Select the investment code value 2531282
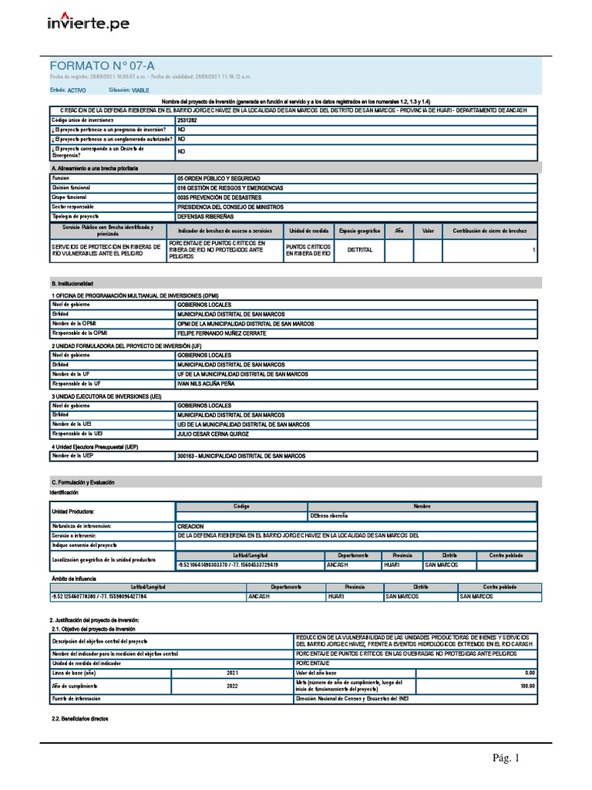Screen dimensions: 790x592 (x=187, y=120)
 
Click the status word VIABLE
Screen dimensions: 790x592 (x=140, y=90)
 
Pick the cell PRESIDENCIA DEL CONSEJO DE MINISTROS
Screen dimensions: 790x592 (x=230, y=207)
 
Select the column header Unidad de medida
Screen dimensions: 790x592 (x=308, y=231)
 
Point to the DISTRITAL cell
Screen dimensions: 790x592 (x=360, y=250)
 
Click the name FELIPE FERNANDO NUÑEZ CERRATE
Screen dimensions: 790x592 (x=221, y=333)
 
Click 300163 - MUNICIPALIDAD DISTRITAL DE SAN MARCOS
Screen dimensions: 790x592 (x=241, y=456)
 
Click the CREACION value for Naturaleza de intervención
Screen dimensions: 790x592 (x=190, y=525)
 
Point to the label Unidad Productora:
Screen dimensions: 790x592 (x=73, y=511)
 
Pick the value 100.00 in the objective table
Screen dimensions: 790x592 (x=527, y=685)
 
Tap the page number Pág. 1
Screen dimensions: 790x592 (x=506, y=758)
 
